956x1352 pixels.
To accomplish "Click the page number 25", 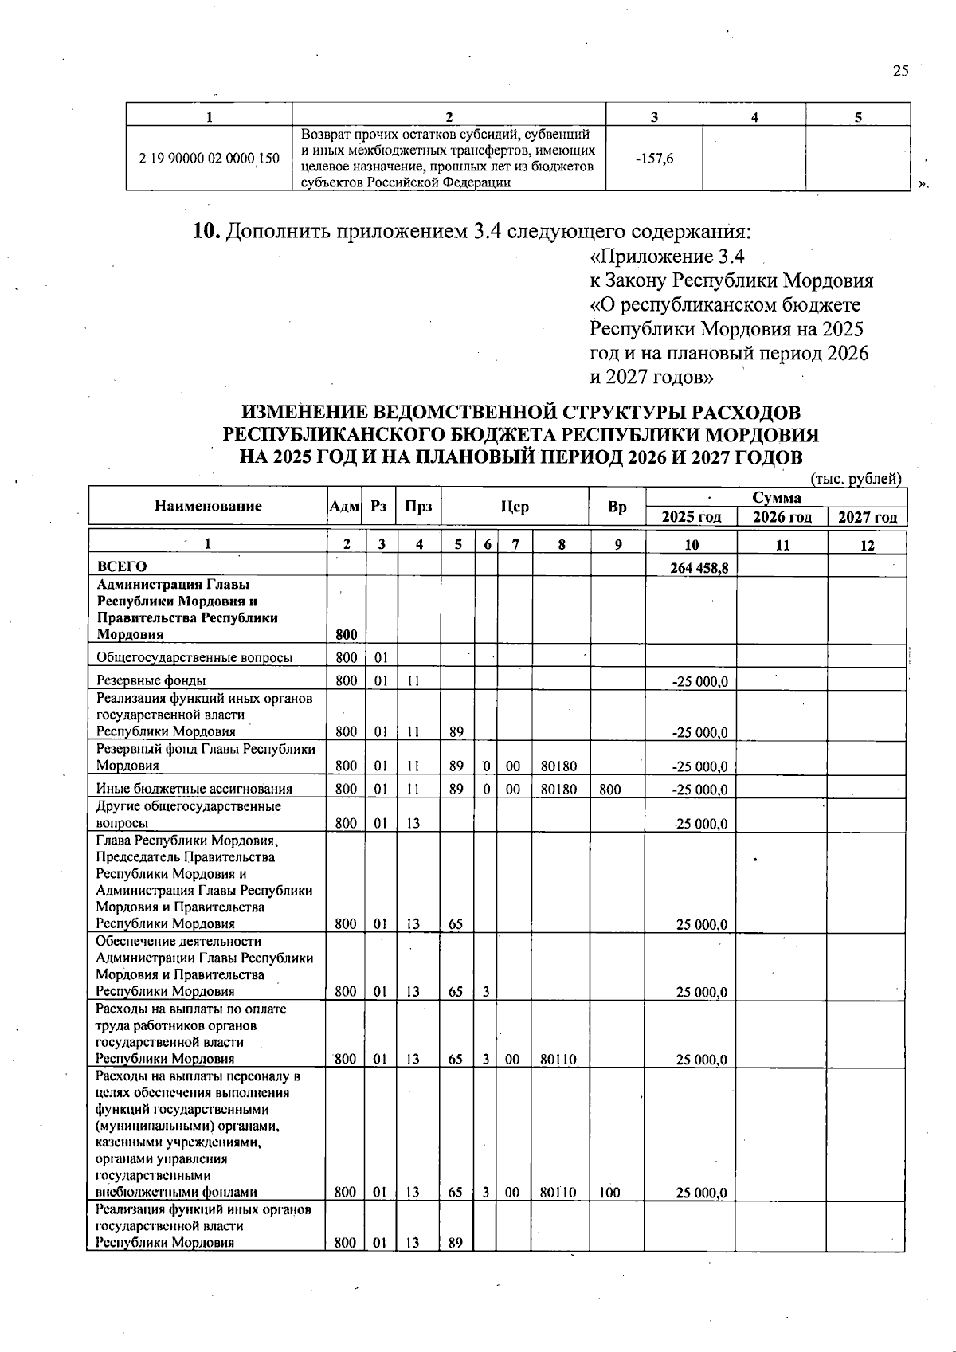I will [900, 71].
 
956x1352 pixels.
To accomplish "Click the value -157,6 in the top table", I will [654, 159].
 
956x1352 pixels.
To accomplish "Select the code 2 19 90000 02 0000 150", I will [209, 159].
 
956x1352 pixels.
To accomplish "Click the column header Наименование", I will [208, 506].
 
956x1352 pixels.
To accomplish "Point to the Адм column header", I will [344, 507].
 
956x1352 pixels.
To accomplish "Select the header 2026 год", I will [782, 517].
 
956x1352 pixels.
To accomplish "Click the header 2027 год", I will [868, 517].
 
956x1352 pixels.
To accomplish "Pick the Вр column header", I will [617, 507].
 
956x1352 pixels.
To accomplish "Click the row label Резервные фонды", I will [151, 680].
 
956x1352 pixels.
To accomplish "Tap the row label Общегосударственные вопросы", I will [194, 657].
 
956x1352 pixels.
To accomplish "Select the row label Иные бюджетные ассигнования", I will [194, 789].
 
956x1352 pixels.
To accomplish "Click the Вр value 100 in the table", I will [609, 1193].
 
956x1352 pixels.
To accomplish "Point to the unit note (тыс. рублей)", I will [856, 479].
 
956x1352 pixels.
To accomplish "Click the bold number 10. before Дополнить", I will [206, 232].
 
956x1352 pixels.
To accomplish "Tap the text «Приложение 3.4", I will [667, 257].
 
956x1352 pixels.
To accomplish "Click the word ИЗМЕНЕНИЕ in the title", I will [304, 413].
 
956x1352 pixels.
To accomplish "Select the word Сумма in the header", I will [776, 498].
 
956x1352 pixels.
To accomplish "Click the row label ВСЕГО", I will [122, 567].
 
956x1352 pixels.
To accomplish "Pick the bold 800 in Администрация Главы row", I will [346, 635].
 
